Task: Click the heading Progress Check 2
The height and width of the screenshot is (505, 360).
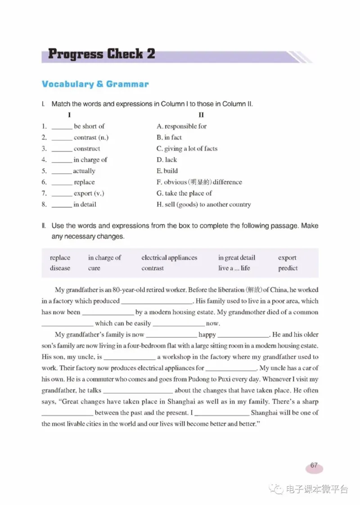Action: (101, 54)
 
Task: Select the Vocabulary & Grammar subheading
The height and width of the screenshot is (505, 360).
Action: (95, 84)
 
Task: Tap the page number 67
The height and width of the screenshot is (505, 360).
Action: (314, 466)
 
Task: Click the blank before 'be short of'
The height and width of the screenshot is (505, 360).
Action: (62, 126)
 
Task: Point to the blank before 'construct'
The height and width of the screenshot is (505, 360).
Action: (62, 149)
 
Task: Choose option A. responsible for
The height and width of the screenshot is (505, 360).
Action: (181, 126)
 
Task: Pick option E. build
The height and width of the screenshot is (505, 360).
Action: (167, 171)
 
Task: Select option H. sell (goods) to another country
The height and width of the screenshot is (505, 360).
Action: (203, 204)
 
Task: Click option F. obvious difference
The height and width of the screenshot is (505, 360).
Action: (199, 182)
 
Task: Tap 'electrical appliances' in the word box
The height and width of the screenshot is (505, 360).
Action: (169, 258)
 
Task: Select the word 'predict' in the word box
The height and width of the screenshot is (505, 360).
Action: (288, 268)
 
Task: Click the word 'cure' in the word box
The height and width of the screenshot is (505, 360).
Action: (94, 268)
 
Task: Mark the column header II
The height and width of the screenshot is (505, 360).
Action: (201, 115)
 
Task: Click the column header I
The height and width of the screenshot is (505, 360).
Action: (69, 115)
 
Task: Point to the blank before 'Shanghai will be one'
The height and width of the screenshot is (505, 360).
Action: (221, 413)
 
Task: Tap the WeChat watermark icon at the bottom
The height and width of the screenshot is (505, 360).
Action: (277, 489)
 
